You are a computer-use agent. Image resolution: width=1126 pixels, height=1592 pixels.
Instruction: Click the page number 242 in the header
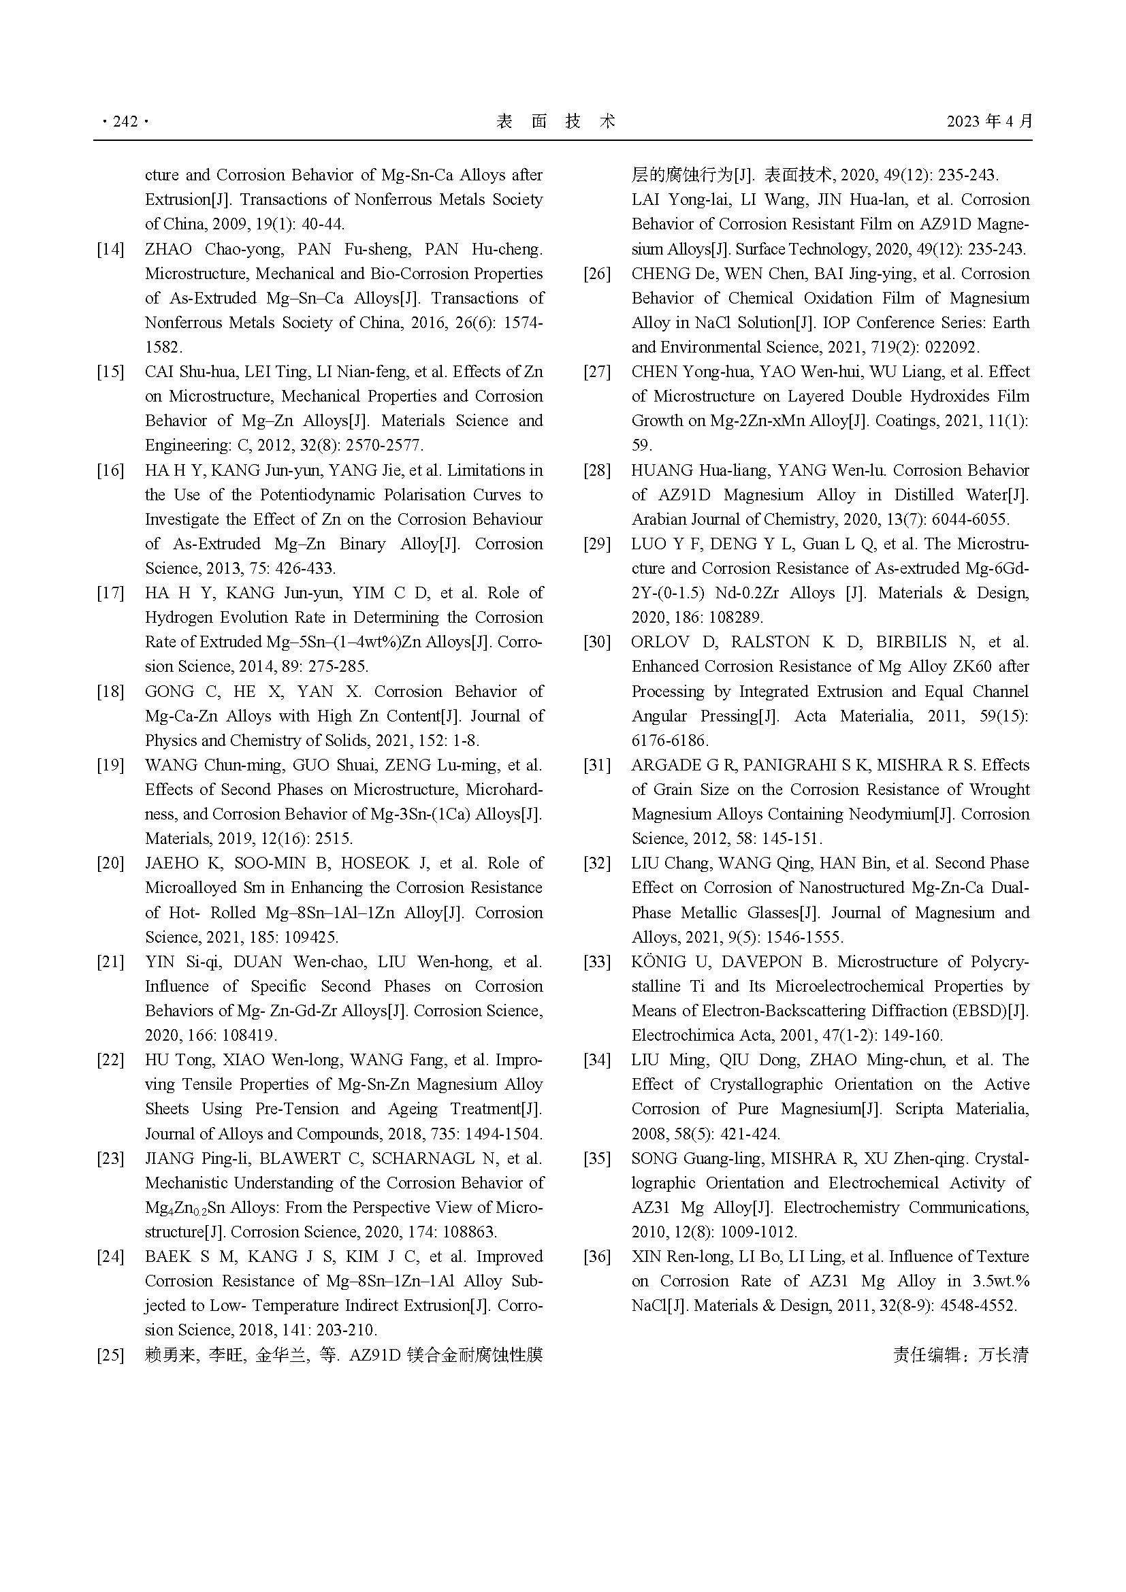coord(125,122)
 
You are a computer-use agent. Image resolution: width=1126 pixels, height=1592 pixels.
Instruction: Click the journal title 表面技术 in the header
coord(556,122)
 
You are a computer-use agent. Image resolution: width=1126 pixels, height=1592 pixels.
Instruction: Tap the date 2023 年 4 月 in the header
coord(989,122)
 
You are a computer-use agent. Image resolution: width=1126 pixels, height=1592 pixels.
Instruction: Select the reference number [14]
coord(110,250)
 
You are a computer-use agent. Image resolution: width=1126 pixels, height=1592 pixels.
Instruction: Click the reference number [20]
coord(110,863)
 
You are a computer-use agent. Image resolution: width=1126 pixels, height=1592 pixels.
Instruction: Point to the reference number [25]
coord(110,1355)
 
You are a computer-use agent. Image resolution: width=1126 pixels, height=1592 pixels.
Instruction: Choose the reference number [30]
coord(597,642)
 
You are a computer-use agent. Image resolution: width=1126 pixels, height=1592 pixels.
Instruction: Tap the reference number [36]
coord(597,1256)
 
